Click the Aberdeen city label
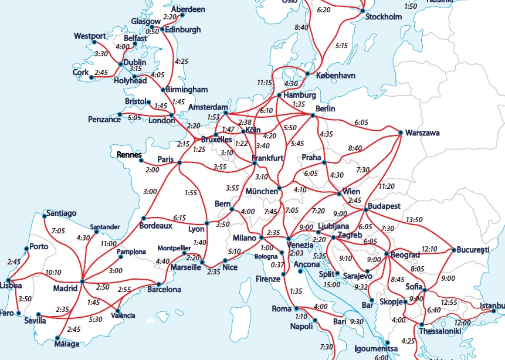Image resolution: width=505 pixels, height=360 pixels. (188, 9)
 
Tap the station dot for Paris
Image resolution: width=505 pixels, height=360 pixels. (179, 162)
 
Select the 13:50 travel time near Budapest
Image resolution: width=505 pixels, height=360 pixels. (414, 219)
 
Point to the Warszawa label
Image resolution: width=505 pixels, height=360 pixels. (422, 133)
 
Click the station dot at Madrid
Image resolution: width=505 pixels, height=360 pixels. (82, 281)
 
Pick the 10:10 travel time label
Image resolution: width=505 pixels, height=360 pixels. (53, 273)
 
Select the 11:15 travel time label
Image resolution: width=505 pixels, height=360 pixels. (265, 83)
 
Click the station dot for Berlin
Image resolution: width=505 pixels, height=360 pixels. (313, 116)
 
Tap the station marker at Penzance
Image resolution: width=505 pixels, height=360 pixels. (120, 114)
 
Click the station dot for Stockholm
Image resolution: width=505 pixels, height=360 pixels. (362, 11)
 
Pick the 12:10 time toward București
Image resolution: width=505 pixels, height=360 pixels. (429, 249)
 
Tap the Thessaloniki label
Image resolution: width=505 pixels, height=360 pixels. (440, 331)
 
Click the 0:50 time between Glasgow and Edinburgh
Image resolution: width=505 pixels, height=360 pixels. (152, 32)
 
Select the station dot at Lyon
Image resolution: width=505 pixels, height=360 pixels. (207, 222)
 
